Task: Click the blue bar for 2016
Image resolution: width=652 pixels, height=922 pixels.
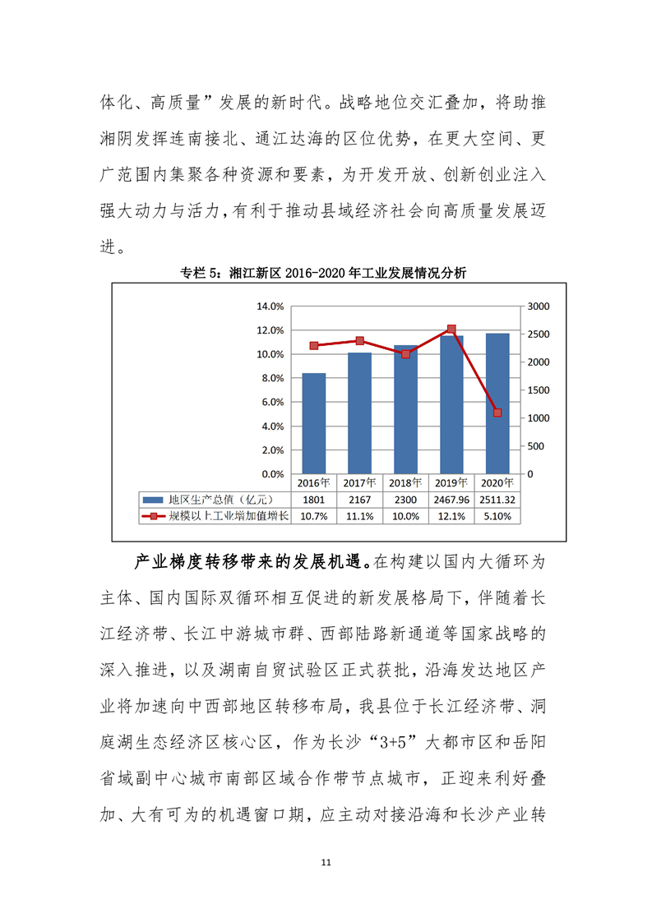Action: click(x=313, y=423)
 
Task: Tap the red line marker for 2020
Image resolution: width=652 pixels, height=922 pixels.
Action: click(x=497, y=413)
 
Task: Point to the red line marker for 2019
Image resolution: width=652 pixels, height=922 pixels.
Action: click(x=451, y=329)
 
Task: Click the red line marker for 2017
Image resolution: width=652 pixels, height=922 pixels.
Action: click(x=359, y=340)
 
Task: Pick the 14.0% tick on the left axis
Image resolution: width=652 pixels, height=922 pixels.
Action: click(x=271, y=307)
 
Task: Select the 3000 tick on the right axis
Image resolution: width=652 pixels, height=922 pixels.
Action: click(x=534, y=307)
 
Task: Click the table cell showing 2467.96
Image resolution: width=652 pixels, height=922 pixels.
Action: click(x=451, y=500)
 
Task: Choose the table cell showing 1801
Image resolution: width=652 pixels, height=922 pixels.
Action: click(x=313, y=500)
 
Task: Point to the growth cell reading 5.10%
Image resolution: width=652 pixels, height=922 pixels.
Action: click(x=497, y=517)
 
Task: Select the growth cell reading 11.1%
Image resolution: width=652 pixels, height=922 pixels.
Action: click(x=359, y=517)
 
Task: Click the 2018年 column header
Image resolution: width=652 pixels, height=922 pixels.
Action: click(x=405, y=482)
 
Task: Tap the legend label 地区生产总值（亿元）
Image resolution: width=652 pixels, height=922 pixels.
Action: click(x=218, y=500)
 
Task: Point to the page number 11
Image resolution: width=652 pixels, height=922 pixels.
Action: click(x=326, y=863)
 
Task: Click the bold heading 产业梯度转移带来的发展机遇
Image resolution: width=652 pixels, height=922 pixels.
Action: click(x=252, y=564)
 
